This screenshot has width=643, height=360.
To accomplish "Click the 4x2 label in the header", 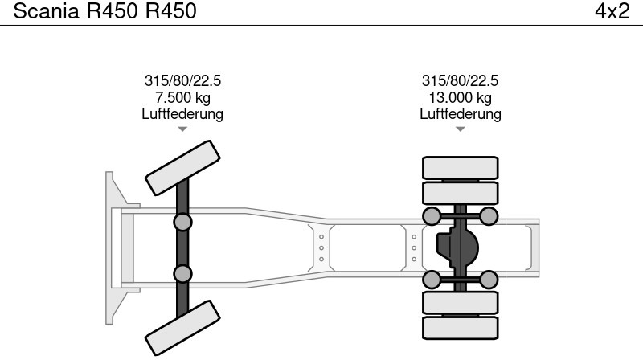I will pyautogui.click(x=612, y=11).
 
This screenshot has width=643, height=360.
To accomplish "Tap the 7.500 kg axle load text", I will pyautogui.click(x=182, y=97).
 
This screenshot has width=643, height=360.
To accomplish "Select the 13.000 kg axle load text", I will pyautogui.click(x=460, y=97).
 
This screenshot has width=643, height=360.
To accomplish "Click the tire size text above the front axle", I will pyautogui.click(x=182, y=81).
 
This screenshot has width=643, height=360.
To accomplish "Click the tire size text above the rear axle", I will pyautogui.click(x=460, y=81).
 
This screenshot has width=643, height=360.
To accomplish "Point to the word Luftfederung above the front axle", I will pyautogui.click(x=182, y=113).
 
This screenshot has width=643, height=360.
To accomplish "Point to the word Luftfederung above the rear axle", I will pyautogui.click(x=460, y=113).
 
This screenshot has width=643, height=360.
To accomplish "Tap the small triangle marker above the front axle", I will pyautogui.click(x=182, y=129).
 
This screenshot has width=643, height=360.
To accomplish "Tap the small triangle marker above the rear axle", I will pyautogui.click(x=460, y=129).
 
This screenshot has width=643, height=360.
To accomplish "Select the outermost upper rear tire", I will pyautogui.click(x=461, y=167).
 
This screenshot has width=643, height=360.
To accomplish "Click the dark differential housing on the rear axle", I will pyautogui.click(x=456, y=247).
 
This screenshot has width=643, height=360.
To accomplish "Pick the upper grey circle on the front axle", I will pyautogui.click(x=183, y=222).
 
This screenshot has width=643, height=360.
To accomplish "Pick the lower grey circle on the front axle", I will pyautogui.click(x=183, y=273).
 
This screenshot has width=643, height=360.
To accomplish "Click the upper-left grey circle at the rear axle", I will pyautogui.click(x=432, y=215).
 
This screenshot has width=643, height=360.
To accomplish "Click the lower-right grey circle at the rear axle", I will pyautogui.click(x=489, y=280).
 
